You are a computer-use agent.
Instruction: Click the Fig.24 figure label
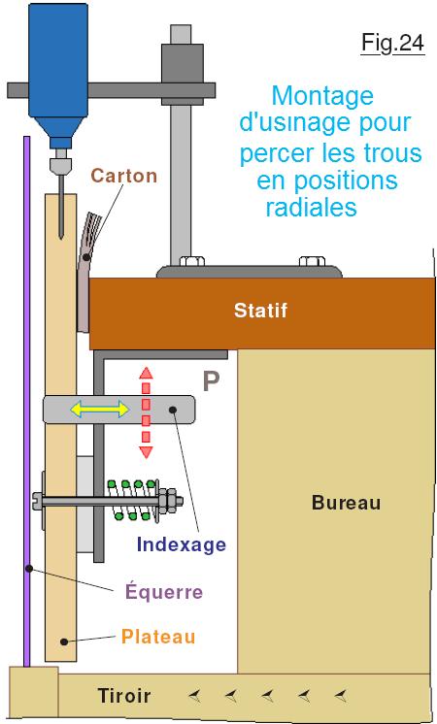(x=392, y=43)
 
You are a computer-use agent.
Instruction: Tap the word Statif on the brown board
(x=260, y=310)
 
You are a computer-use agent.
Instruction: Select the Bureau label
(x=346, y=503)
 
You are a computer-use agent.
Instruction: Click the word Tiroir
(x=124, y=696)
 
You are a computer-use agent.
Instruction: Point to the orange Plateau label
(x=158, y=637)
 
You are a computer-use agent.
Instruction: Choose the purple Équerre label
(x=164, y=591)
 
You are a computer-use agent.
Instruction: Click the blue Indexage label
(x=182, y=544)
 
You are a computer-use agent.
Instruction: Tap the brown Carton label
(x=123, y=176)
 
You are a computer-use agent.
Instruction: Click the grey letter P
(x=211, y=381)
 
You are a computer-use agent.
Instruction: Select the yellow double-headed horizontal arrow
(x=99, y=410)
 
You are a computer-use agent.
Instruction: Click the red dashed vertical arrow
(x=146, y=412)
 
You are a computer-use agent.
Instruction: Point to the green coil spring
(x=133, y=501)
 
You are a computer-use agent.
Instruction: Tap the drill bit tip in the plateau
(x=60, y=238)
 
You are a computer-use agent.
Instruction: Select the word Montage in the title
(x=322, y=96)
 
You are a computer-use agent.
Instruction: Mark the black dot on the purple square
(x=28, y=569)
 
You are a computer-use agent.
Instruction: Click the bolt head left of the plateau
(x=38, y=501)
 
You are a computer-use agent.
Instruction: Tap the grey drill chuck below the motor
(x=60, y=163)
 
